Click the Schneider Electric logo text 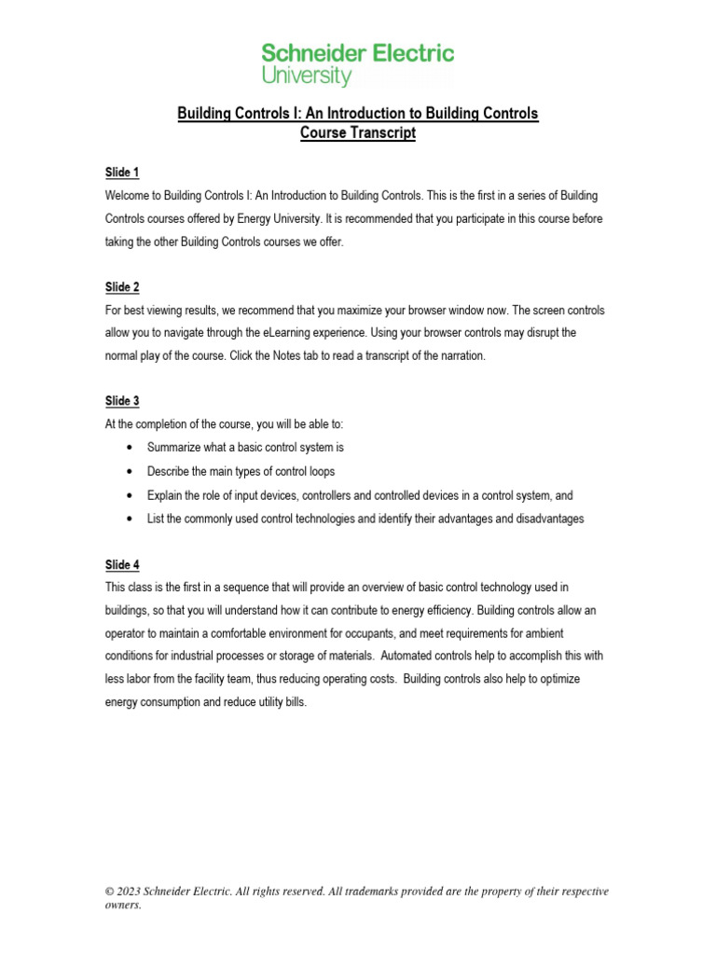pos(358,52)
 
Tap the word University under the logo pos(307,76)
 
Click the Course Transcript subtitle pos(358,133)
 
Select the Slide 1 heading pos(121,173)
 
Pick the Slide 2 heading pos(121,286)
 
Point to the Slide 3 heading pos(121,401)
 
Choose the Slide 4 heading pos(121,563)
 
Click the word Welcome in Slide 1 pos(129,196)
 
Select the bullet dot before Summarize pos(127,448)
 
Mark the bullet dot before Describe pos(127,472)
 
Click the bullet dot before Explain pos(127,495)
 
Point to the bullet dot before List pos(127,519)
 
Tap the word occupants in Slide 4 pos(392,633)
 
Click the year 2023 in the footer pos(131,892)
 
